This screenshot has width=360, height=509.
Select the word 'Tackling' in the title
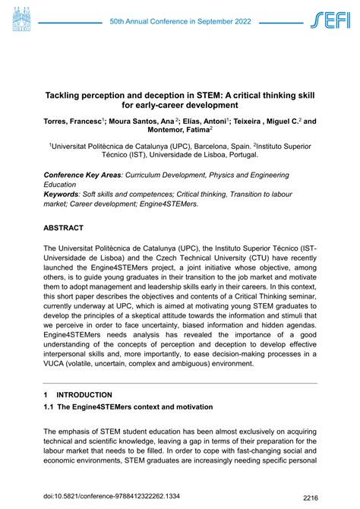tap(66, 93)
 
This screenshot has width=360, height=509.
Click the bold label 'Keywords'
tap(63, 194)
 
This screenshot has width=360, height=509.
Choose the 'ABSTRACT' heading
tap(69, 228)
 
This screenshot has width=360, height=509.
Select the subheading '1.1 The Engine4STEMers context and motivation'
tap(130, 429)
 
